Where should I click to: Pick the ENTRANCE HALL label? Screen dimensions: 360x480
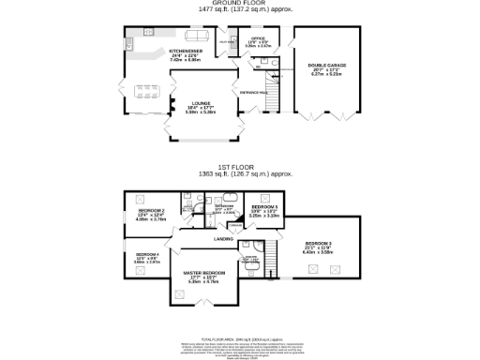[x=254, y=93]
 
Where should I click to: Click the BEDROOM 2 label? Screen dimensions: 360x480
[x=152, y=213]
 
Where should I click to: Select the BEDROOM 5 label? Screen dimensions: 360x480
[x=265, y=208]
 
